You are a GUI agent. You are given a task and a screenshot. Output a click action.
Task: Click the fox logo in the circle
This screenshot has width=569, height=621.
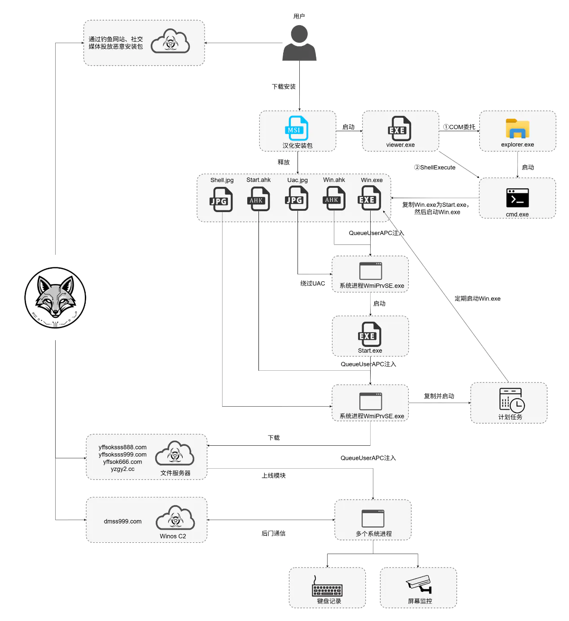click(x=55, y=297)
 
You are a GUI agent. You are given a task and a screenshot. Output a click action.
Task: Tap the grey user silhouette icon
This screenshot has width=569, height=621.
click(x=299, y=43)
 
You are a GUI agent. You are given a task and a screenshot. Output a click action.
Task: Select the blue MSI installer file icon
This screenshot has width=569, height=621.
click(x=297, y=128)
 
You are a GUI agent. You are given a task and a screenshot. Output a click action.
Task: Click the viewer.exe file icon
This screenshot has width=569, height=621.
click(x=399, y=129)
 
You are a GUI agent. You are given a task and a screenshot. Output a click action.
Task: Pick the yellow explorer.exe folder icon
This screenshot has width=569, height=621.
click(x=517, y=129)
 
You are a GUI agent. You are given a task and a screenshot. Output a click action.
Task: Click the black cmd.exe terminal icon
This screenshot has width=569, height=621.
click(x=517, y=198)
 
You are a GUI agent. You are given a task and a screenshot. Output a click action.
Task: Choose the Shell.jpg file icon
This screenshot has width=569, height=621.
click(x=221, y=199)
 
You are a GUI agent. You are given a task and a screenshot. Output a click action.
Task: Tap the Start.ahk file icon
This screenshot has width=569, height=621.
click(x=258, y=199)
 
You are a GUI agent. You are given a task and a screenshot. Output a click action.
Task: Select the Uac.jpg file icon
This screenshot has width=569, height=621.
click(x=297, y=199)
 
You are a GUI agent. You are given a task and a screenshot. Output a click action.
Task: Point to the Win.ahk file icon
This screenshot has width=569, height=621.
click(x=334, y=199)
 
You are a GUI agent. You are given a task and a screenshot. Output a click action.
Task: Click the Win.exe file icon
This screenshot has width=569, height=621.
click(x=369, y=199)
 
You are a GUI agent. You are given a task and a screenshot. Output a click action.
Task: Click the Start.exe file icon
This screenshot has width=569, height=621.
click(x=370, y=334)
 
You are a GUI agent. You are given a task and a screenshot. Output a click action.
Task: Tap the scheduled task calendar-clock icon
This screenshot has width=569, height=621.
click(x=512, y=399)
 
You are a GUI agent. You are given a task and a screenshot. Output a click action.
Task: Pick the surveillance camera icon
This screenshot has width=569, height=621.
click(x=419, y=584)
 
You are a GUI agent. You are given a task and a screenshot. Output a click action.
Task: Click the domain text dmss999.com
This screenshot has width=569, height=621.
click(x=123, y=521)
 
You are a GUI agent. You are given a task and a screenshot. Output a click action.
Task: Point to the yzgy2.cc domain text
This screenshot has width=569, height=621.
click(x=123, y=469)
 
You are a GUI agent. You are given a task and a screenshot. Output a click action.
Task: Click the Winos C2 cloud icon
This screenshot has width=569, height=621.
click(x=175, y=519)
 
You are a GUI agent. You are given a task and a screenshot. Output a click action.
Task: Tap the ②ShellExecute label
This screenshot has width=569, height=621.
click(x=434, y=167)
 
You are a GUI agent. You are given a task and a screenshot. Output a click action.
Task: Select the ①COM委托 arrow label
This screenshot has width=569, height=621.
click(x=459, y=127)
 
